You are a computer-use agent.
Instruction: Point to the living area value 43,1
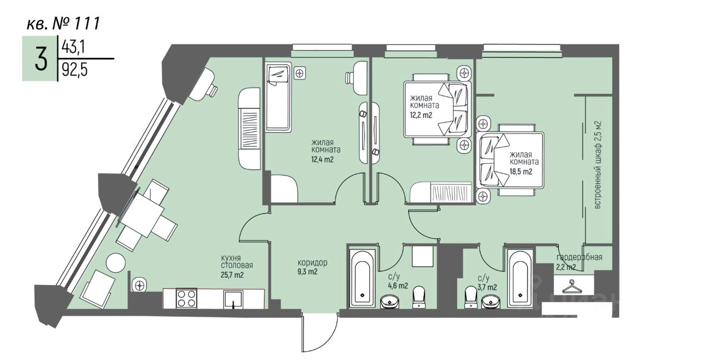[73, 48]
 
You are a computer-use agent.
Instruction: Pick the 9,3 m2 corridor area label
[307, 272]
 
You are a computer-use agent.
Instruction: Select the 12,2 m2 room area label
[421, 115]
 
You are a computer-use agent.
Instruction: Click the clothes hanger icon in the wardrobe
[572, 287]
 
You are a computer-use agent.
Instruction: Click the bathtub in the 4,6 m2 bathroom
[363, 276]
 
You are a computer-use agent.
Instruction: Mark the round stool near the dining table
[116, 263]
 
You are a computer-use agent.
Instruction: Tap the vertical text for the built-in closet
[598, 164]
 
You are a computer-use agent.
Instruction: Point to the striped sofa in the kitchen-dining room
[249, 128]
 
